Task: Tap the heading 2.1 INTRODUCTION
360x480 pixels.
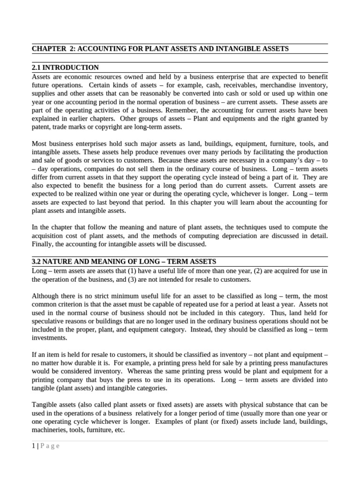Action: (65, 68)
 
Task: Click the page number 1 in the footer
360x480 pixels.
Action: (33, 446)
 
